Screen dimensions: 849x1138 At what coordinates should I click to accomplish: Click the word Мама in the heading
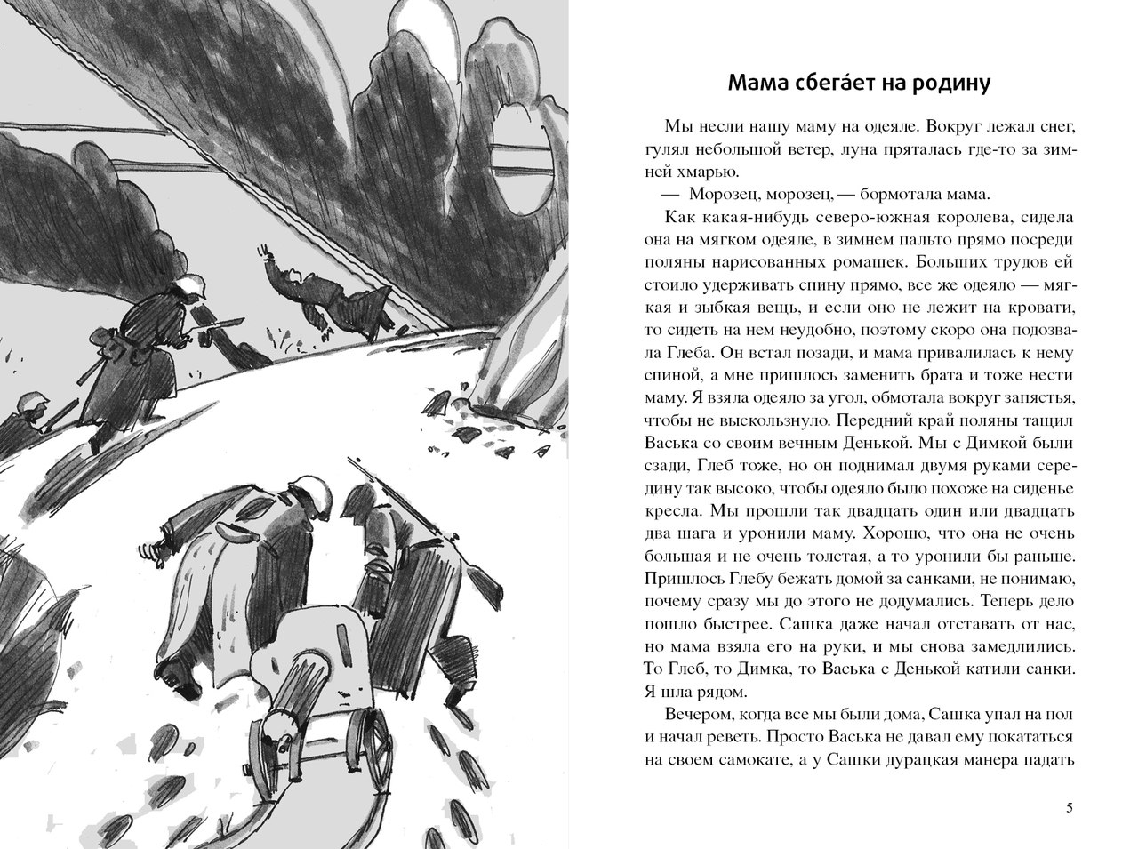(757, 84)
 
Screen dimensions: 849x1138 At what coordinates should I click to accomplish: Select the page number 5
(1068, 807)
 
